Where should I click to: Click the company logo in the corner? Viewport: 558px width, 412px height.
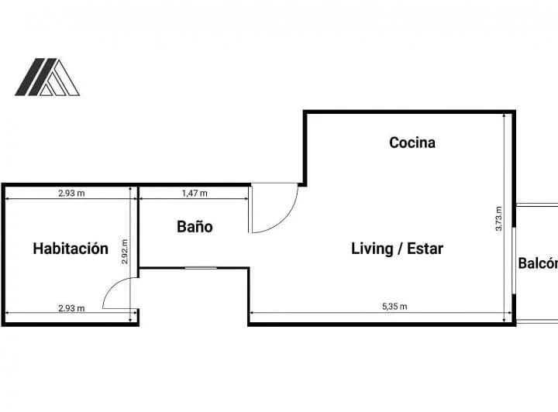(47, 77)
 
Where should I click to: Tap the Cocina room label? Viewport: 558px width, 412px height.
(412, 142)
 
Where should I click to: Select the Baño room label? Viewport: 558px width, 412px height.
(195, 226)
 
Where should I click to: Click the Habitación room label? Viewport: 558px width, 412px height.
(71, 249)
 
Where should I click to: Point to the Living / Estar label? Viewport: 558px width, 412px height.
(397, 249)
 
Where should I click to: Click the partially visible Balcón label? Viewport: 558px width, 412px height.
(538, 263)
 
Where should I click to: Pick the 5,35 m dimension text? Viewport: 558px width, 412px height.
(394, 306)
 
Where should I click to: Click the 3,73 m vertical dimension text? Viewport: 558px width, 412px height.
(498, 218)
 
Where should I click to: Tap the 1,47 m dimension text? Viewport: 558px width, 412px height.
(195, 193)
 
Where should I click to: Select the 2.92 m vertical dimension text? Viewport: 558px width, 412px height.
(125, 252)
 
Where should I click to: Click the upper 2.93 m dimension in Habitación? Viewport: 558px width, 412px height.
(71, 193)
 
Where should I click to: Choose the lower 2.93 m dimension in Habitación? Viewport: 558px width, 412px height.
(71, 308)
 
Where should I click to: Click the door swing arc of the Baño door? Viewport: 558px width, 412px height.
(284, 220)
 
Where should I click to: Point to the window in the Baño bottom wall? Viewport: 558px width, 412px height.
(201, 268)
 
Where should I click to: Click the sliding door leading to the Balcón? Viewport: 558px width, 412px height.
(514, 260)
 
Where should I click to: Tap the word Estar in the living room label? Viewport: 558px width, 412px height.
(425, 249)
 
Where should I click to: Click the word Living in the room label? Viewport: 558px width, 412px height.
(372, 249)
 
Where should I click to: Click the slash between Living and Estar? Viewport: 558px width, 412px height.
(400, 249)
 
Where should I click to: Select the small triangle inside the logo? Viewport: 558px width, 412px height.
(46, 90)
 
